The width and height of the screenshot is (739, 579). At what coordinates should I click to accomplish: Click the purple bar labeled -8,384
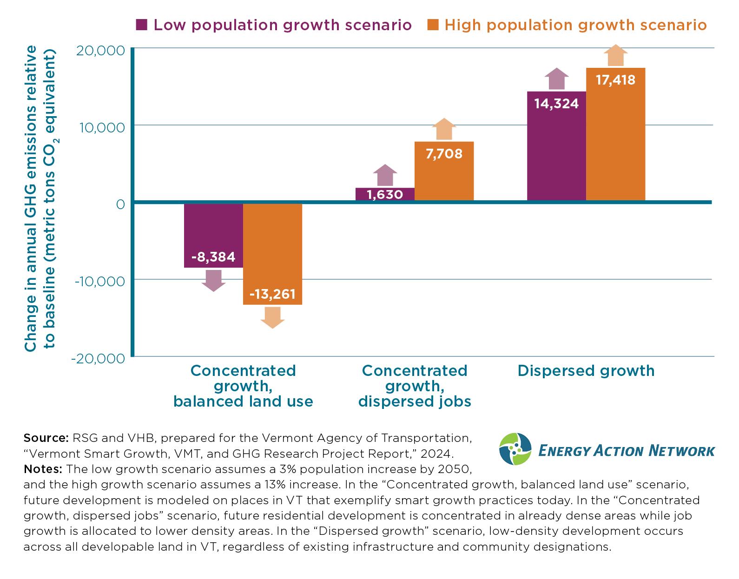click(213, 235)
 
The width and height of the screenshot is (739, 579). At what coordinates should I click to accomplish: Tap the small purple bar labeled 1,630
click(385, 194)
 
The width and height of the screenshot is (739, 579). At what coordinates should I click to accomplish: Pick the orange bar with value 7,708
click(444, 171)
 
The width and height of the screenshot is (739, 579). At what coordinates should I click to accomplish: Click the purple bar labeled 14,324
click(556, 146)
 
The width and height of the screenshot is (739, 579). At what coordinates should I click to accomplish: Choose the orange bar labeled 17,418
click(615, 134)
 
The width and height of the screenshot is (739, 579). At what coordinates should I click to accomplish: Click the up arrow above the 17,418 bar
click(615, 56)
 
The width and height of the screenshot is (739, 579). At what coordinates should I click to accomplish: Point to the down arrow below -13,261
click(272, 317)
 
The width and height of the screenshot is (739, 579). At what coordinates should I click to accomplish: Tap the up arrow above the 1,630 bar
click(385, 175)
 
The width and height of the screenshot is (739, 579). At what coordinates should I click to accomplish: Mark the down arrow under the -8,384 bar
click(213, 280)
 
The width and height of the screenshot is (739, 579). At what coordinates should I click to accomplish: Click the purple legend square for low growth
click(142, 25)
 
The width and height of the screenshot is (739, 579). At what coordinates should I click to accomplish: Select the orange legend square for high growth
click(433, 25)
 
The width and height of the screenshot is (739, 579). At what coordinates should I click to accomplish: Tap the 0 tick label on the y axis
click(120, 204)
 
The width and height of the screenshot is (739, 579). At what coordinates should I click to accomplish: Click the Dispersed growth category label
click(586, 371)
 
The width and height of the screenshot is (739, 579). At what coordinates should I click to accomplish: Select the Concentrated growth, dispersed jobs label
click(414, 386)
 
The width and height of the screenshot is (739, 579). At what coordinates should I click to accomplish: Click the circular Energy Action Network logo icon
click(515, 449)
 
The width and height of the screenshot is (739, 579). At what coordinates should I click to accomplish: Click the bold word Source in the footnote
click(45, 438)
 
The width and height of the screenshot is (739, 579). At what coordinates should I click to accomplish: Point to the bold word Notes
click(43, 468)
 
